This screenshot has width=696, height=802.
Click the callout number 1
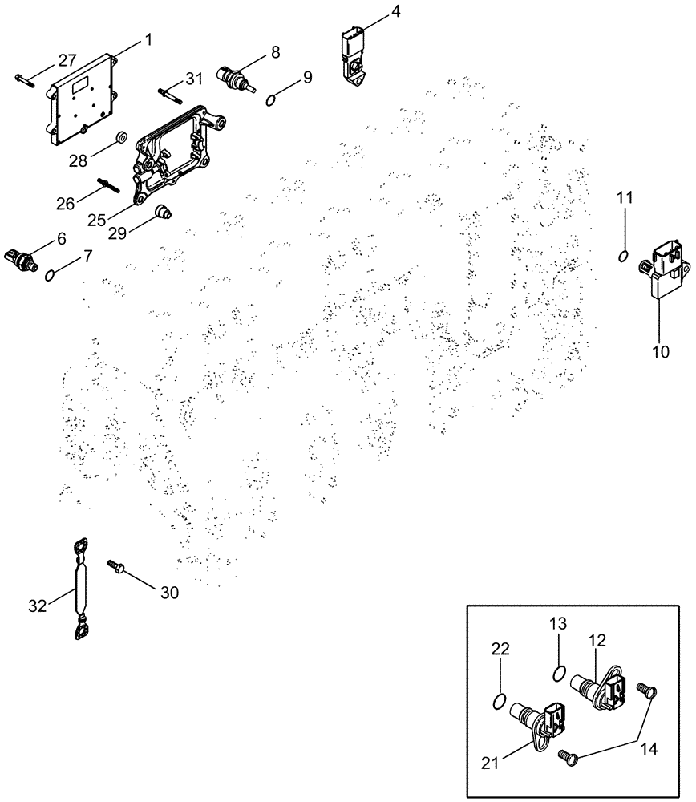tap(148, 38)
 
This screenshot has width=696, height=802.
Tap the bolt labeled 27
tap(23, 78)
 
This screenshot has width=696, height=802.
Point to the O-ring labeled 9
tap(272, 99)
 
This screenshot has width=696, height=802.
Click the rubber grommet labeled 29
tap(164, 213)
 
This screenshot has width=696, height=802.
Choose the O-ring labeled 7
tap(50, 275)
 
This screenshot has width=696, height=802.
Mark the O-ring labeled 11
tap(623, 255)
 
